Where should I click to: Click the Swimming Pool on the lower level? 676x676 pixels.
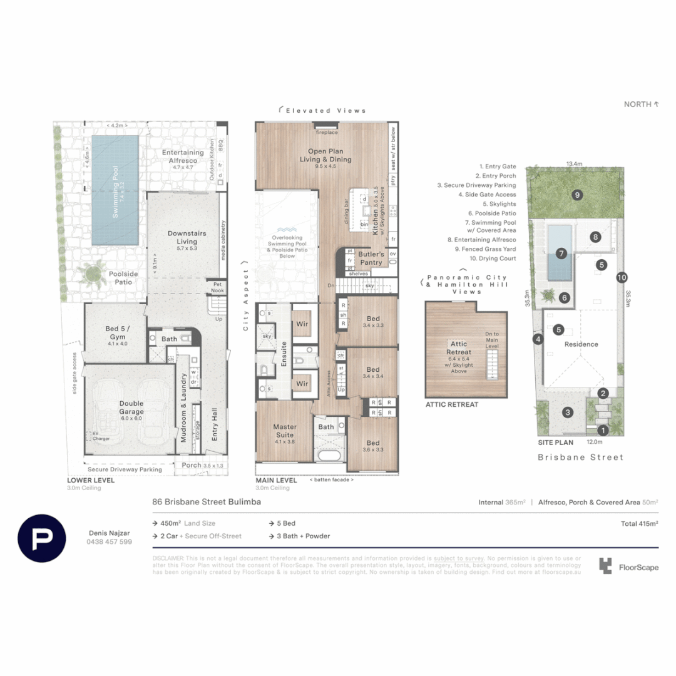[115, 191]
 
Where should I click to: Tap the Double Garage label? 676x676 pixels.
[131, 407]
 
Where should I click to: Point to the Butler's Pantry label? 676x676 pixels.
[371, 258]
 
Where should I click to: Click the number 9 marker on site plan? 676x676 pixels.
[576, 195]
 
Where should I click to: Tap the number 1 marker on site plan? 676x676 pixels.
[603, 430]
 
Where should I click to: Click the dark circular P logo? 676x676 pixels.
[42, 538]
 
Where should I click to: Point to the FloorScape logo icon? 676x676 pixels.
[605, 566]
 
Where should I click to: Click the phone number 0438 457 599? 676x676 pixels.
[109, 542]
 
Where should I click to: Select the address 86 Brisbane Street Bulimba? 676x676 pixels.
[207, 502]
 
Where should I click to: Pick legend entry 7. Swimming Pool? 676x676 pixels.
[490, 222]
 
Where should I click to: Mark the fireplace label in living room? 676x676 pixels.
[326, 133]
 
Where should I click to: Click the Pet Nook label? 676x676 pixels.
[217, 287]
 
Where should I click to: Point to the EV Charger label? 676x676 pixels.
[100, 436]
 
